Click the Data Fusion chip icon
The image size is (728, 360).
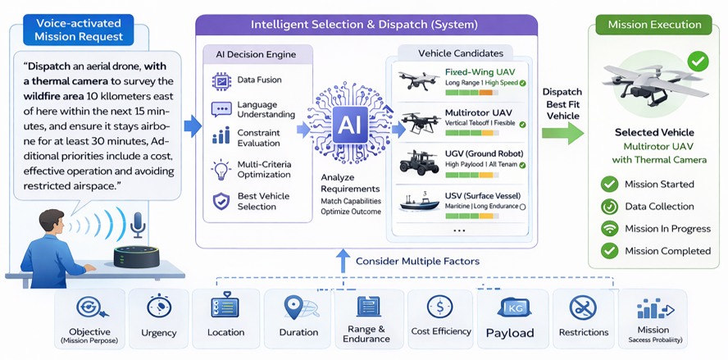[x=221, y=80]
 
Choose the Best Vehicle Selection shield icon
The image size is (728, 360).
[x=221, y=201]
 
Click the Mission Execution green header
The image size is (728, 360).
[x=654, y=25]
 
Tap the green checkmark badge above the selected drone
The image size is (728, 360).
[x=698, y=61]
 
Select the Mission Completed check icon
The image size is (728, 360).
[x=609, y=251]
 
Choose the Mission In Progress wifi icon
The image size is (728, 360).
[x=609, y=229]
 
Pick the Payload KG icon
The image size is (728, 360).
[x=510, y=308]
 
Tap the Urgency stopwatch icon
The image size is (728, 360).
[x=158, y=308]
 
